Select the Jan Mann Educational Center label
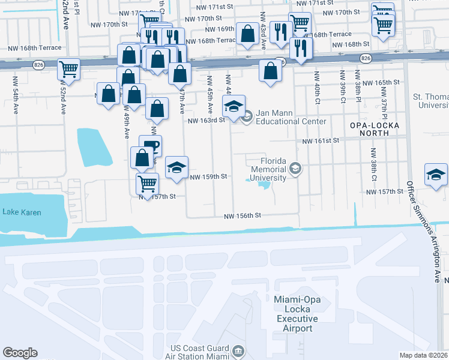[291, 116]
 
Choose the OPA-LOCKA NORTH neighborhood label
[374, 130]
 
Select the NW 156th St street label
[243, 216]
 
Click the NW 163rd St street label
[206, 120]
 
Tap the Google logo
[20, 353]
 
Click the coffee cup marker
[150, 145]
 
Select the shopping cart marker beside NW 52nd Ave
[69, 69]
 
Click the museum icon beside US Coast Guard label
[238, 350]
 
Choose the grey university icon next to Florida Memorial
[295, 169]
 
